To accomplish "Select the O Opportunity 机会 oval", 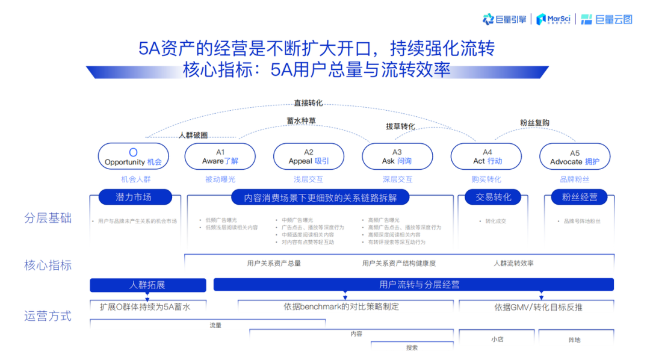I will [x=133, y=157].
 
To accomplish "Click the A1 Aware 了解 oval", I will [x=220, y=157].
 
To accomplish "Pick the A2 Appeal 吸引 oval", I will [x=309, y=157].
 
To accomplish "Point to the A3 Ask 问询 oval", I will [x=397, y=157].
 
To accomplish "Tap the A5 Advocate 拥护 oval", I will [x=575, y=157].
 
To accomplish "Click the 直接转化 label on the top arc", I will [x=308, y=103].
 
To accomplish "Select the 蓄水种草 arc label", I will [x=301, y=120].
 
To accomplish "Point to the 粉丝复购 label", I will [x=534, y=123].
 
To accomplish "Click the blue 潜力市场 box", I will [x=134, y=197].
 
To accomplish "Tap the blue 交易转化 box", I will [x=494, y=197].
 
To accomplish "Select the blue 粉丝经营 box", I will [x=580, y=197].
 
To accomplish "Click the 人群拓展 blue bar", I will [x=147, y=285].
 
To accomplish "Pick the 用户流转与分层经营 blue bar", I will [x=413, y=285].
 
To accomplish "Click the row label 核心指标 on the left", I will [x=48, y=265].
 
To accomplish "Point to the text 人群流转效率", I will [x=513, y=263].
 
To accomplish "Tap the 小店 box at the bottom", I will [x=497, y=339].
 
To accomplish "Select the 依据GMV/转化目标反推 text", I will [x=538, y=307].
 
